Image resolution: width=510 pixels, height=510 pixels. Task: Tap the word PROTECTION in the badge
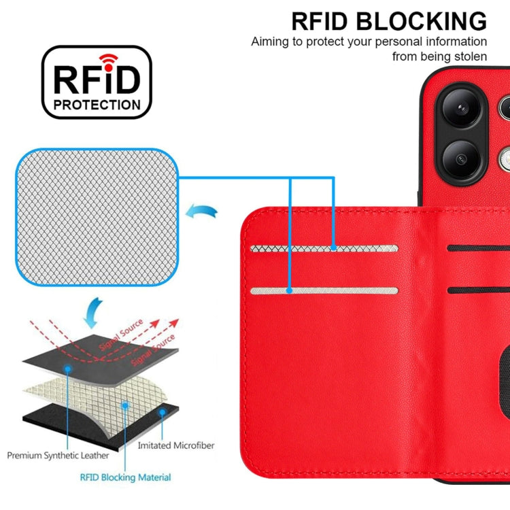(97, 105)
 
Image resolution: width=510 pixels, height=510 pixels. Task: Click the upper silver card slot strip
(324, 249)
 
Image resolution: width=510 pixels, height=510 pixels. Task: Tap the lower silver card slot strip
(324, 291)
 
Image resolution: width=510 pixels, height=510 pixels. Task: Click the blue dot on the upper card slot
(334, 249)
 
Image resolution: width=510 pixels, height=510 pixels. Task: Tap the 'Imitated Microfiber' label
(176, 445)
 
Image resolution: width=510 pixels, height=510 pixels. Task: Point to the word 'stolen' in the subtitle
(469, 56)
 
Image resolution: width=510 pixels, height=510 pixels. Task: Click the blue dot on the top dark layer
(69, 368)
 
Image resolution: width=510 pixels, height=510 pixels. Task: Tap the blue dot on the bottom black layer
(162, 412)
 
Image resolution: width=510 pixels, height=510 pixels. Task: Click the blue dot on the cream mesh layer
(126, 405)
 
